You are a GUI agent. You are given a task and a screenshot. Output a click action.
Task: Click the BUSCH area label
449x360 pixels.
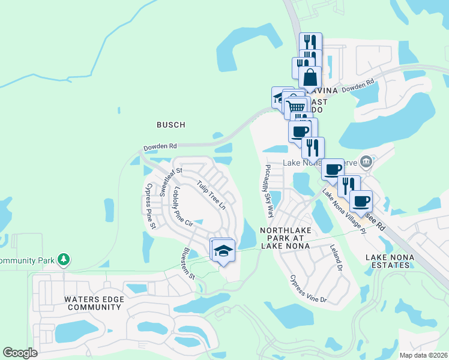(170, 125)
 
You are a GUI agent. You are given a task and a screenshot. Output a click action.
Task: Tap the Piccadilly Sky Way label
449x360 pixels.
(268, 191)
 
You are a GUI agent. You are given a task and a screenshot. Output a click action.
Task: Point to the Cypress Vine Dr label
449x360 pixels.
(308, 289)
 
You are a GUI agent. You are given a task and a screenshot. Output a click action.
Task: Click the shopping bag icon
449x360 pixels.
(310, 78)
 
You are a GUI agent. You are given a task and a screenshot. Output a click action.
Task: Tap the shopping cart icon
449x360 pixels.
(295, 108)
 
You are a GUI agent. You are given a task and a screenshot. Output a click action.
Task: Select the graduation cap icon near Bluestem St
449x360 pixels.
(223, 250)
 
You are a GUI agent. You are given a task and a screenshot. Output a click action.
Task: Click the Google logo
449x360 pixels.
(20, 353)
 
